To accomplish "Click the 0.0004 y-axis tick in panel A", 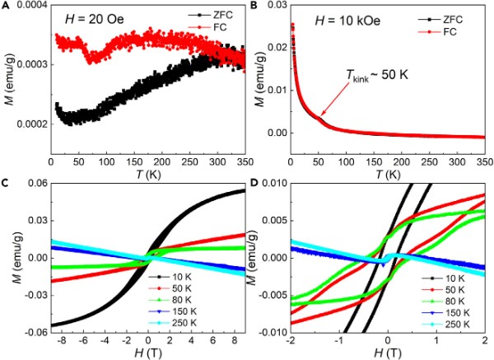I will coord(25,7).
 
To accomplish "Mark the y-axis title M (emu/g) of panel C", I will coord(8,257).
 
